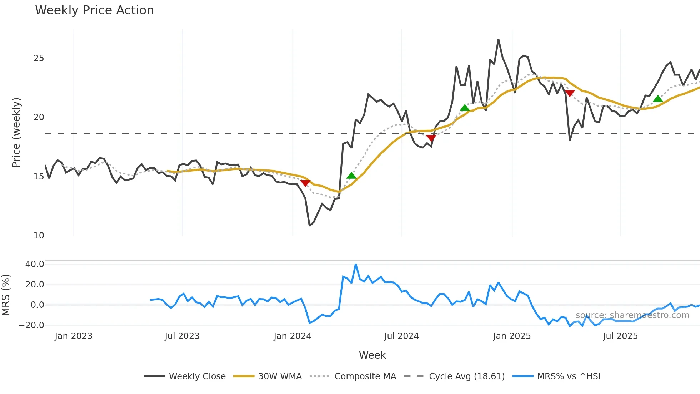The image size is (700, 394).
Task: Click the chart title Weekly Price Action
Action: [94, 10]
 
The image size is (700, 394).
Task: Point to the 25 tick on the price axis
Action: [39, 58]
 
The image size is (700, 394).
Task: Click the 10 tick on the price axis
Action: [39, 236]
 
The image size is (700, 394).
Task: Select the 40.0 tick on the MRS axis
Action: [35, 264]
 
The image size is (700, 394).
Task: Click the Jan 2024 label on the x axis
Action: [292, 336]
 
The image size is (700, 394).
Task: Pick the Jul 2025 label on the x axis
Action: [620, 336]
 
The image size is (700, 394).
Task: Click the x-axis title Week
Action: [372, 355]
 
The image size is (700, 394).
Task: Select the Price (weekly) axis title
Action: [16, 132]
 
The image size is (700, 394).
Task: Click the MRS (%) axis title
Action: [6, 295]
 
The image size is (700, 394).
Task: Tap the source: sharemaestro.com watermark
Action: [632, 315]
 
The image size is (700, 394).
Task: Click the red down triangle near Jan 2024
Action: [305, 183]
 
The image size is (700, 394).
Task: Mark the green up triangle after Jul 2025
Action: [658, 99]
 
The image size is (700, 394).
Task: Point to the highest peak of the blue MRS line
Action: [356, 265]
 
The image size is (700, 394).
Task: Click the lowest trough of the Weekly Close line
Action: [309, 226]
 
